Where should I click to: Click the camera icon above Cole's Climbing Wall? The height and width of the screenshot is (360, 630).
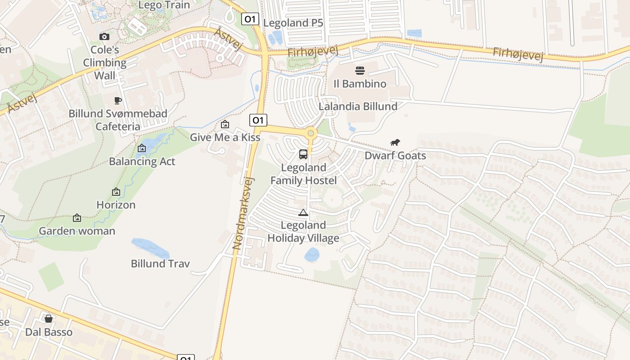pyautogui.click(x=104, y=36)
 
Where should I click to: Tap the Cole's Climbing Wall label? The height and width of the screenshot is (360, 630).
pyautogui.click(x=105, y=63)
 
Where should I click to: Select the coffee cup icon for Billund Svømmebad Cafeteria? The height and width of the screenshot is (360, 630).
pyautogui.click(x=118, y=100)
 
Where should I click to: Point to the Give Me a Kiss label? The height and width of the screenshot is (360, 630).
pyautogui.click(x=225, y=137)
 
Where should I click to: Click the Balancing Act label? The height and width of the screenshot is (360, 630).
pyautogui.click(x=142, y=161)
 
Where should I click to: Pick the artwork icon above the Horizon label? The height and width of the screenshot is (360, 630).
pyautogui.click(x=116, y=192)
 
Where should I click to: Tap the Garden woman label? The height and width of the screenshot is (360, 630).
pyautogui.click(x=77, y=231)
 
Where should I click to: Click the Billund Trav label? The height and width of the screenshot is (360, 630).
pyautogui.click(x=160, y=263)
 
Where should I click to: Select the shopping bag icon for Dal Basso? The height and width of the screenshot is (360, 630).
pyautogui.click(x=49, y=319)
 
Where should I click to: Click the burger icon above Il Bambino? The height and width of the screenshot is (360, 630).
pyautogui.click(x=360, y=70)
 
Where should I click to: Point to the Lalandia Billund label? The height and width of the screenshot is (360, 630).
pyautogui.click(x=358, y=106)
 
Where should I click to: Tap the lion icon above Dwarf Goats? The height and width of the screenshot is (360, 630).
pyautogui.click(x=395, y=143)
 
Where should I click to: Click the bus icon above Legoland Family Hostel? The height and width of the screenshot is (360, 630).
pyautogui.click(x=303, y=154)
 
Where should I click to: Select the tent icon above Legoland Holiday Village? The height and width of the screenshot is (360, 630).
pyautogui.click(x=303, y=212)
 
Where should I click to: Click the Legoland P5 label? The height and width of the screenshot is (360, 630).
pyautogui.click(x=293, y=23)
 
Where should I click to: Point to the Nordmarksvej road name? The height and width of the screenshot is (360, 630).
pyautogui.click(x=243, y=213)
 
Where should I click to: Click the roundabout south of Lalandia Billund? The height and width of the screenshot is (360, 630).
pyautogui.click(x=310, y=133)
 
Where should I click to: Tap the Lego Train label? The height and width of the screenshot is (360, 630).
pyautogui.click(x=164, y=5)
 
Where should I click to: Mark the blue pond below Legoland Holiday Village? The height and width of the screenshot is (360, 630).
pyautogui.click(x=312, y=255)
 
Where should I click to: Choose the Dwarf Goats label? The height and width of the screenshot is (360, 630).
pyautogui.click(x=395, y=156)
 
